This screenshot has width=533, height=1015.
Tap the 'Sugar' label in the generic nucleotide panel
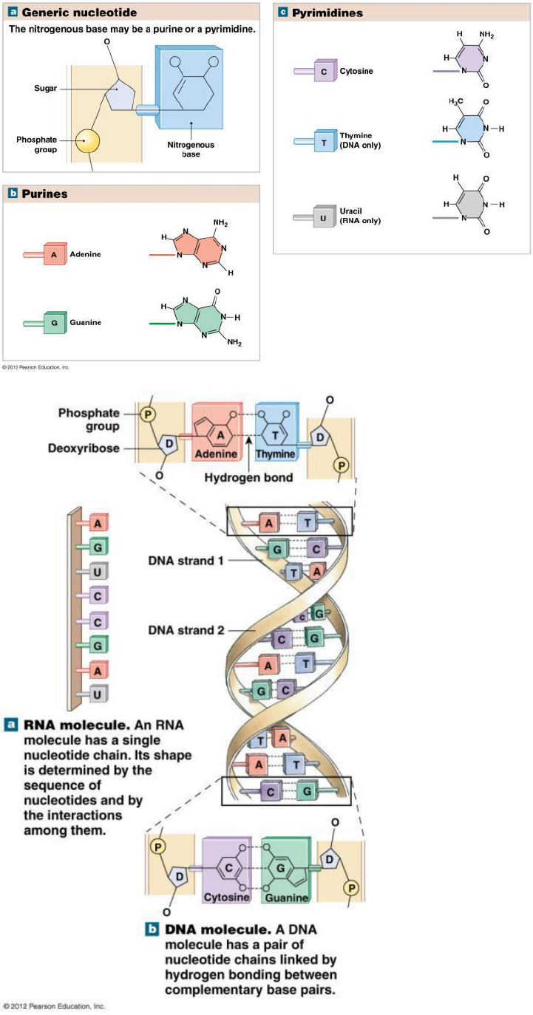tap(45, 88)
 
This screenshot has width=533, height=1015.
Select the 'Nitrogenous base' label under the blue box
tap(191, 150)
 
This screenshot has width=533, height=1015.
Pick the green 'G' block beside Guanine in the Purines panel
tap(54, 323)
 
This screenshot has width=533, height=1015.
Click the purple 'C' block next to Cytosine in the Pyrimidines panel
tap(324, 71)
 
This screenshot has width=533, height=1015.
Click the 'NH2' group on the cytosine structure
tap(486, 35)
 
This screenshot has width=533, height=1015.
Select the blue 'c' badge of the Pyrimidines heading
tap(282, 13)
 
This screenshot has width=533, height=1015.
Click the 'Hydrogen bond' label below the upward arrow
tap(248, 477)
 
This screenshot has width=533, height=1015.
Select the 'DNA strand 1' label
tap(185, 560)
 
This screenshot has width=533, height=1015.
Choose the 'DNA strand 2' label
tap(185, 630)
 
